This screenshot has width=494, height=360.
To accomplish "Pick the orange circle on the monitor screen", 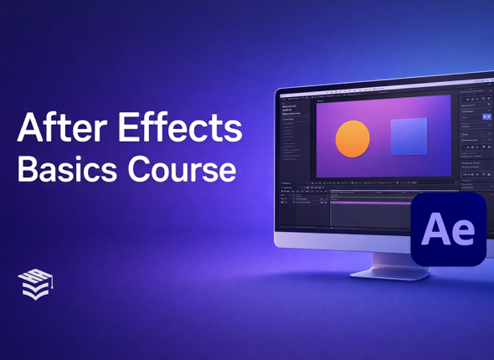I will click(x=352, y=139).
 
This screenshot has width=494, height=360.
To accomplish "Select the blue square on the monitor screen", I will click(x=409, y=136).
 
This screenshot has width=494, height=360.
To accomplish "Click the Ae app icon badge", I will click(x=448, y=229).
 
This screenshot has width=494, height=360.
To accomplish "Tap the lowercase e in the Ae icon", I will click(x=463, y=233).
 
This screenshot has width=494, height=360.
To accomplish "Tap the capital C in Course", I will click(x=140, y=170).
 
